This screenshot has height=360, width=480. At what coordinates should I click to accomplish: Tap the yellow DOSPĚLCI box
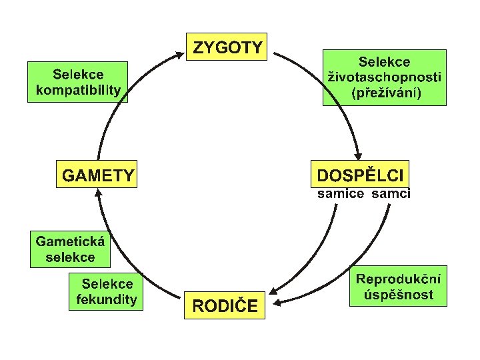coord(360,175)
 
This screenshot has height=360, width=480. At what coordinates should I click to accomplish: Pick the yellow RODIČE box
coord(224,305)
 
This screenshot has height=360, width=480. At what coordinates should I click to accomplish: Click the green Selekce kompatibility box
coord(77,81)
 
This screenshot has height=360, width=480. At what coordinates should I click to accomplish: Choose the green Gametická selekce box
coord(70,249)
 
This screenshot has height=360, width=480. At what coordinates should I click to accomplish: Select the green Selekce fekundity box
coord(107,290)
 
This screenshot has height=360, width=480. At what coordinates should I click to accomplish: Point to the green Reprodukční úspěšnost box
coord(398,287)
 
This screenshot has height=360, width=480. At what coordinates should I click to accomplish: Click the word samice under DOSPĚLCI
coord(341,194)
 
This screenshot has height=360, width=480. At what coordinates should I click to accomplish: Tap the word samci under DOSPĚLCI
coord(391,194)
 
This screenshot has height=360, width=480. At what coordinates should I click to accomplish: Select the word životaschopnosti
coord(385,77)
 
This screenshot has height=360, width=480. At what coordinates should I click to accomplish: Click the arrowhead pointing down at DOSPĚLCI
coord(361,155)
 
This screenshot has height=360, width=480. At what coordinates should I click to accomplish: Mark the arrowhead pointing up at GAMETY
coord(98,193)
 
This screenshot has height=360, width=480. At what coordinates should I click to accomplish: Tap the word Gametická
coord(70,241)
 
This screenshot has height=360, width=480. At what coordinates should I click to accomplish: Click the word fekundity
coord(107,298)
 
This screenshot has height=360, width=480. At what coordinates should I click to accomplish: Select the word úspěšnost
coord(398,295)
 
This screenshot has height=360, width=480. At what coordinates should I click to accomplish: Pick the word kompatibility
coord(77,89)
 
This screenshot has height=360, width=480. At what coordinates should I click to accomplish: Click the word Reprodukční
coord(398,279)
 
